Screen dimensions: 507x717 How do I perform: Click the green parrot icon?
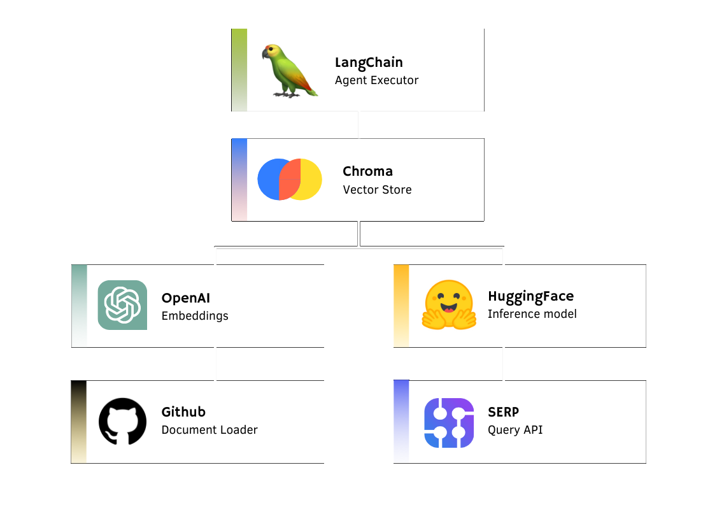287,70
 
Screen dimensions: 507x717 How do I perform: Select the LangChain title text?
369,62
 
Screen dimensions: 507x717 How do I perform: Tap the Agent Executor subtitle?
376,80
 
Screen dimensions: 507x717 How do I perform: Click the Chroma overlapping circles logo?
290,180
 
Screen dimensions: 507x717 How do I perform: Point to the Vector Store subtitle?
377,189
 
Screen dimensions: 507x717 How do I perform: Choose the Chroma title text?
367,171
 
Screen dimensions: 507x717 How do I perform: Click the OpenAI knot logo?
122,305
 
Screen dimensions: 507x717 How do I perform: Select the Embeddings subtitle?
194,315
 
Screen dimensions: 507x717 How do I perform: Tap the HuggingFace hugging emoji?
449,304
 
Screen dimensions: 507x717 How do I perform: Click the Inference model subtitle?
532,313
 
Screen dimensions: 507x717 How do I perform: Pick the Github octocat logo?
122,421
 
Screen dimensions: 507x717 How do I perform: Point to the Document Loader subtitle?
209,429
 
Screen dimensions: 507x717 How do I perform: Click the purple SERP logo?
449,422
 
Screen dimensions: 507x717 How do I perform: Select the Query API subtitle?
515,429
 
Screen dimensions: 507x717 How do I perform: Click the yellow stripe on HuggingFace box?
401,306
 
